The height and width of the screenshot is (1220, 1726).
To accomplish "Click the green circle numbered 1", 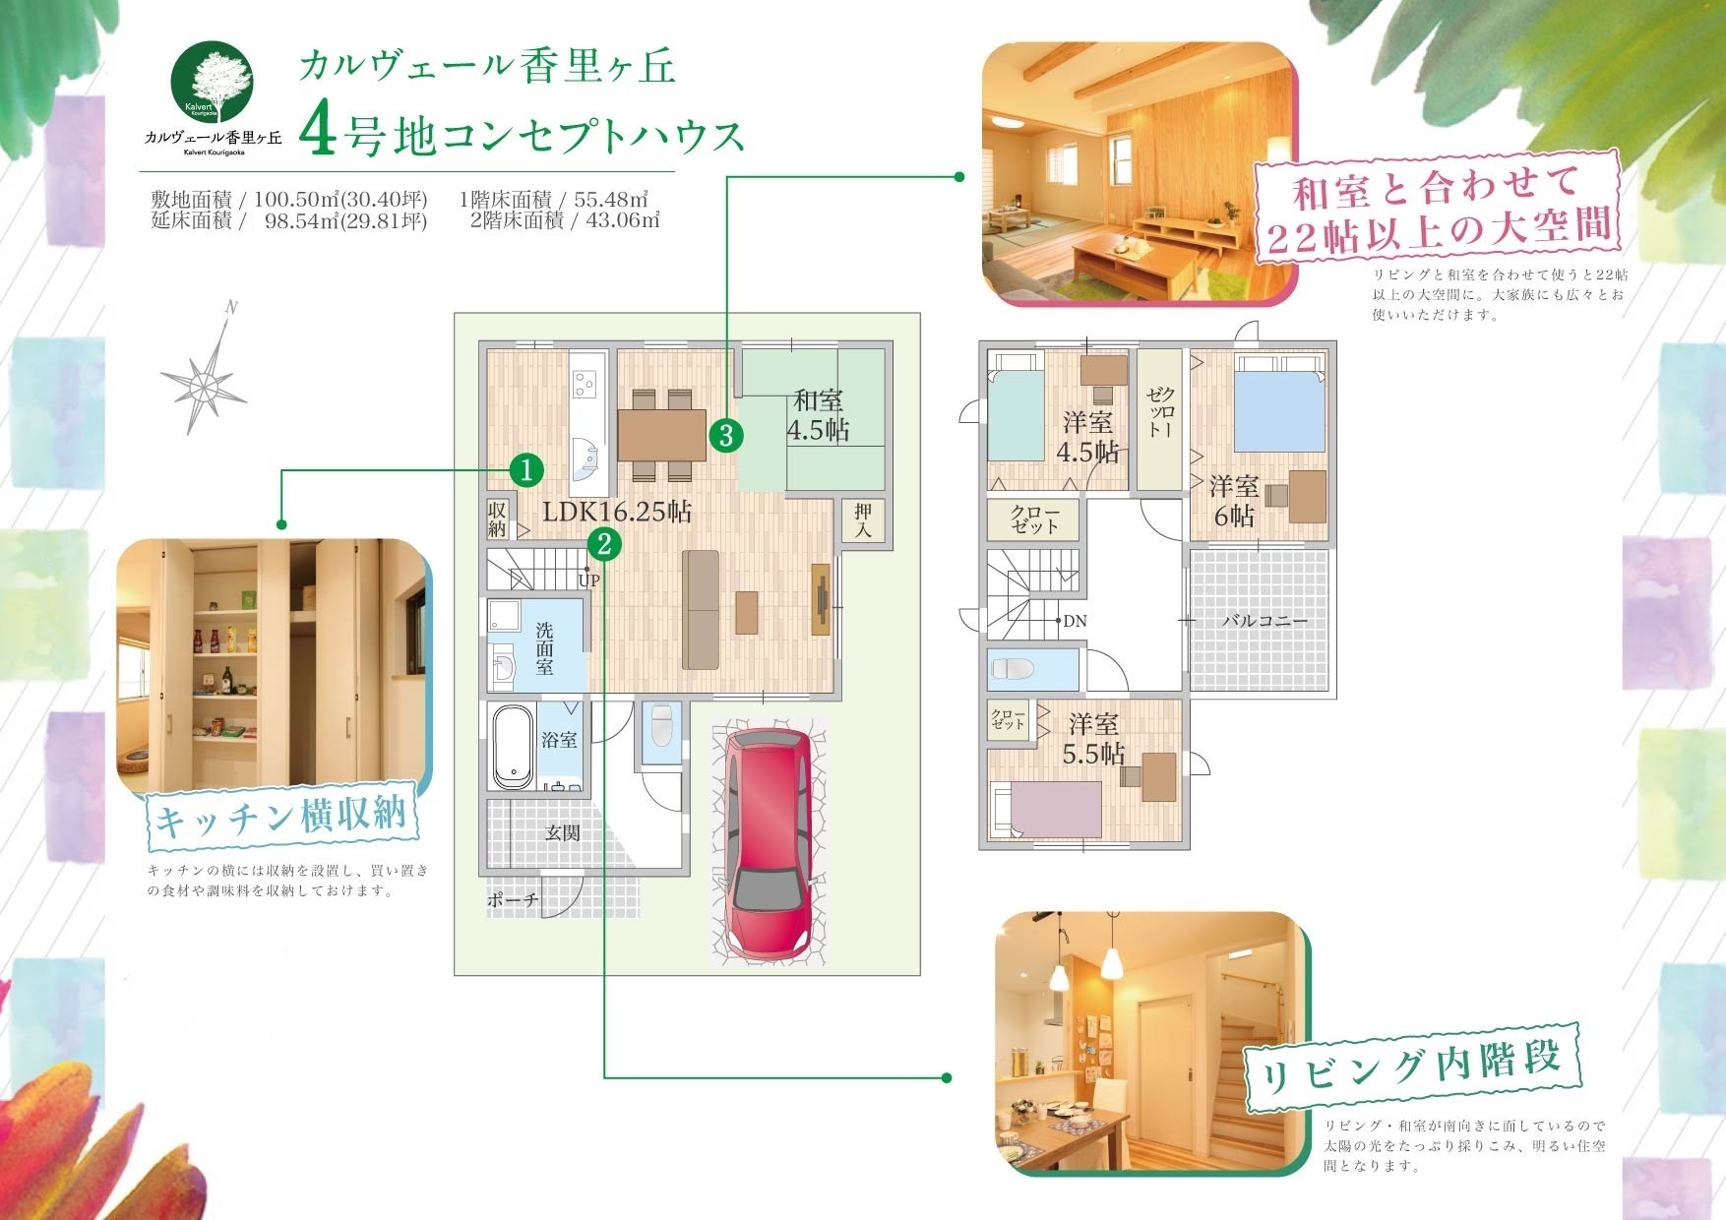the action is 527,470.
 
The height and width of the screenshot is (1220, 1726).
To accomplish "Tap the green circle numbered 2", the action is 604,542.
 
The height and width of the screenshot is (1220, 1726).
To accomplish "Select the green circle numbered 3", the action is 725,434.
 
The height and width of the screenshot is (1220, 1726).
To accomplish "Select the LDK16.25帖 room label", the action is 617,511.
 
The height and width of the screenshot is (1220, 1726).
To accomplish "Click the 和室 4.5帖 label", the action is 818,415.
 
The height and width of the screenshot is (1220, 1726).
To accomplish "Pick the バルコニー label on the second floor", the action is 1264,621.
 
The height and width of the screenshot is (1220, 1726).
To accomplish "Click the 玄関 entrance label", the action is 563,832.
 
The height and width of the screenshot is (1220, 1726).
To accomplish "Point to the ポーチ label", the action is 513,899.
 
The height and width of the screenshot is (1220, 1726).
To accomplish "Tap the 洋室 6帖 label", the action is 1234,500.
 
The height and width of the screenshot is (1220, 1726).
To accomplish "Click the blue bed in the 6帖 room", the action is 1279,404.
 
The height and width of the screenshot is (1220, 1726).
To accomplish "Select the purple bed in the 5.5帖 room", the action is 1046,809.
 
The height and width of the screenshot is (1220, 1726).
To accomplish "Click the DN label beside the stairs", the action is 1075,621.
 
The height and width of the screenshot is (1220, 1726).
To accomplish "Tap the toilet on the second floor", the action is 1014,669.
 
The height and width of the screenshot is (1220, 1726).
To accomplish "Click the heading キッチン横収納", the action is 280,817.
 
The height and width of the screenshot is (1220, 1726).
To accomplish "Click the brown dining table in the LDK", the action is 661,434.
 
